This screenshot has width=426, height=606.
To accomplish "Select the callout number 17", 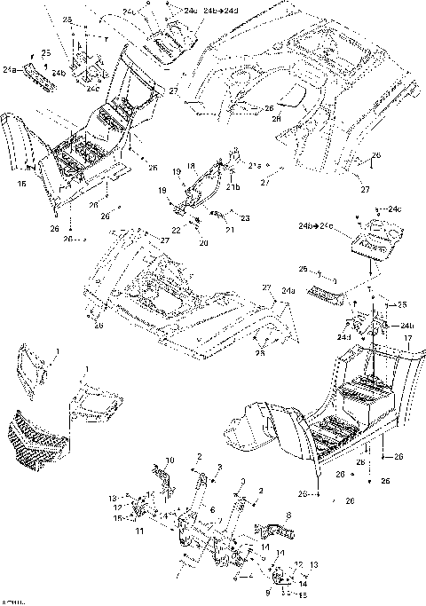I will coord(407,337).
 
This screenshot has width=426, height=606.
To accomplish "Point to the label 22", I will coord(176,229).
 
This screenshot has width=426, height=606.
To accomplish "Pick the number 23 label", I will coord(246,217).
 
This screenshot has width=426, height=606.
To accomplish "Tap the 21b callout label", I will coord(234,187).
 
